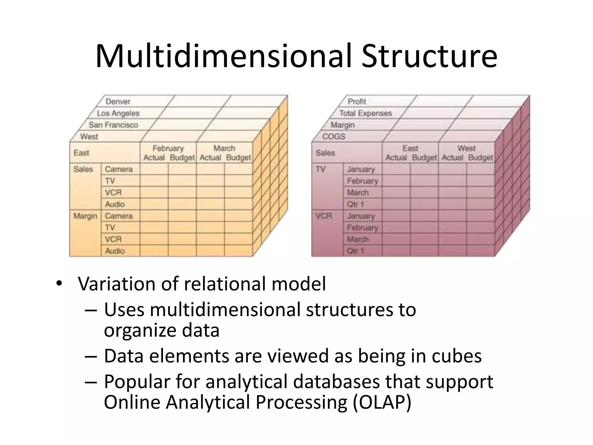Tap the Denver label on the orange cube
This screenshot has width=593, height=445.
[x=118, y=101]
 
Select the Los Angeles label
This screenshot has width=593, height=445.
[x=118, y=113]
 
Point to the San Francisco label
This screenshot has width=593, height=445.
[x=113, y=125]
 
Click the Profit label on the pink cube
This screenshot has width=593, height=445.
[x=357, y=101]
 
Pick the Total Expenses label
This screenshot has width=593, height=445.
[x=365, y=113]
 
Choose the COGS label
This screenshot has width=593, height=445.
[x=334, y=136]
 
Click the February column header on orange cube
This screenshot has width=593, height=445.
[x=168, y=148]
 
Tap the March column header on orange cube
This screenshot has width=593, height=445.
[x=224, y=148]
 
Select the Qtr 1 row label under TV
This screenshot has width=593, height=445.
[x=355, y=204]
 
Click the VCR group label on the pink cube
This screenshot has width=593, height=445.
[x=324, y=216]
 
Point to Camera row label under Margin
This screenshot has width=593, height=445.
[x=119, y=216]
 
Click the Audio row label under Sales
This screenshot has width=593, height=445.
[x=115, y=204]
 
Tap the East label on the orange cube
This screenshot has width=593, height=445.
[x=81, y=153]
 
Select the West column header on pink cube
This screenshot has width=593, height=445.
[x=466, y=148]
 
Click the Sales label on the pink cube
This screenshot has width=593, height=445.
[x=325, y=153]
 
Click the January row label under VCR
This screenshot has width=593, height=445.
[x=361, y=216]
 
